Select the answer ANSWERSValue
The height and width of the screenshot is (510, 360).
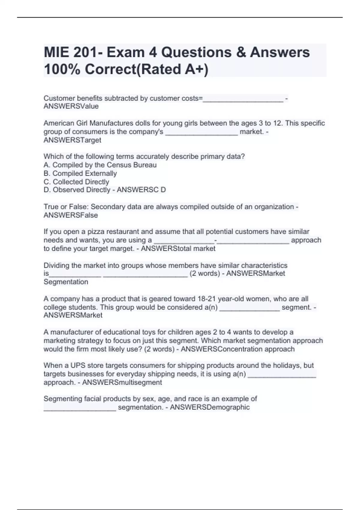pos(71,106)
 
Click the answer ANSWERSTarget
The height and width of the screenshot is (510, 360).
pos(72,140)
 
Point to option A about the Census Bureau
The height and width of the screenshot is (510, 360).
pos(100,165)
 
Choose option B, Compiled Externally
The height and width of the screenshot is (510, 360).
pos(80,173)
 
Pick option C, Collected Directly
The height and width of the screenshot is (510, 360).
pos(76,182)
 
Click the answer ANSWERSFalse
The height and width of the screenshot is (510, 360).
pos(71,215)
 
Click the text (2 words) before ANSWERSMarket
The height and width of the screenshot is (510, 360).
pos(205,273)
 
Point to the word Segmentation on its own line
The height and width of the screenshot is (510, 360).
pos(66,282)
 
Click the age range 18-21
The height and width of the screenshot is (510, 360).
pos(207,299)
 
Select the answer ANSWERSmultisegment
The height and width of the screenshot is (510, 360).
pos(122,382)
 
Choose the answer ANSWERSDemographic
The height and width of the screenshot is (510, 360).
pos(210,407)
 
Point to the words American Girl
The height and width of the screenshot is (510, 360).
pos(65,123)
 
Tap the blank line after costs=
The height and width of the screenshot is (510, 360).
pos(243,99)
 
